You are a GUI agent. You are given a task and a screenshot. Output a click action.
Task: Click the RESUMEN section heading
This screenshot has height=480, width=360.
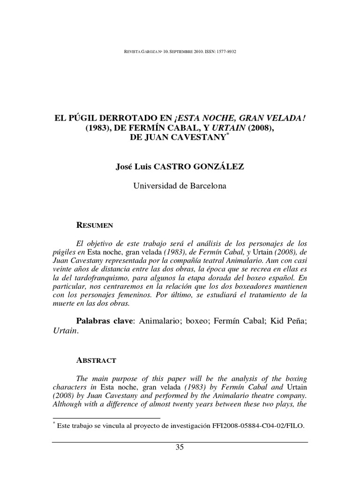(x=95, y=225)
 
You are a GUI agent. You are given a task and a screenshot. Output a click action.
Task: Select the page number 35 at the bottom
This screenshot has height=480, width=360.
(x=180, y=447)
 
